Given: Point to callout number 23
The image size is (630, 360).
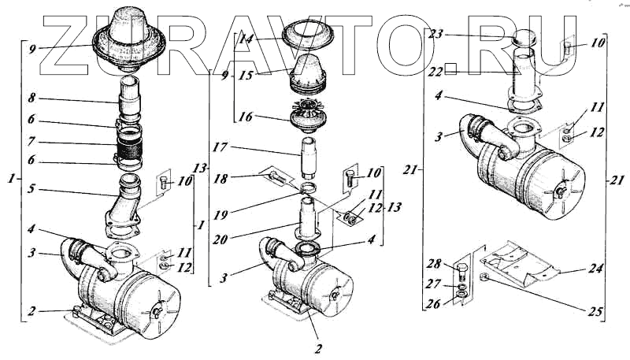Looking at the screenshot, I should [436, 35].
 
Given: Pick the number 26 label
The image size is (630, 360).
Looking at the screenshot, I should [432, 302].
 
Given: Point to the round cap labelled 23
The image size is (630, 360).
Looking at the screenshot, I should [524, 38].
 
